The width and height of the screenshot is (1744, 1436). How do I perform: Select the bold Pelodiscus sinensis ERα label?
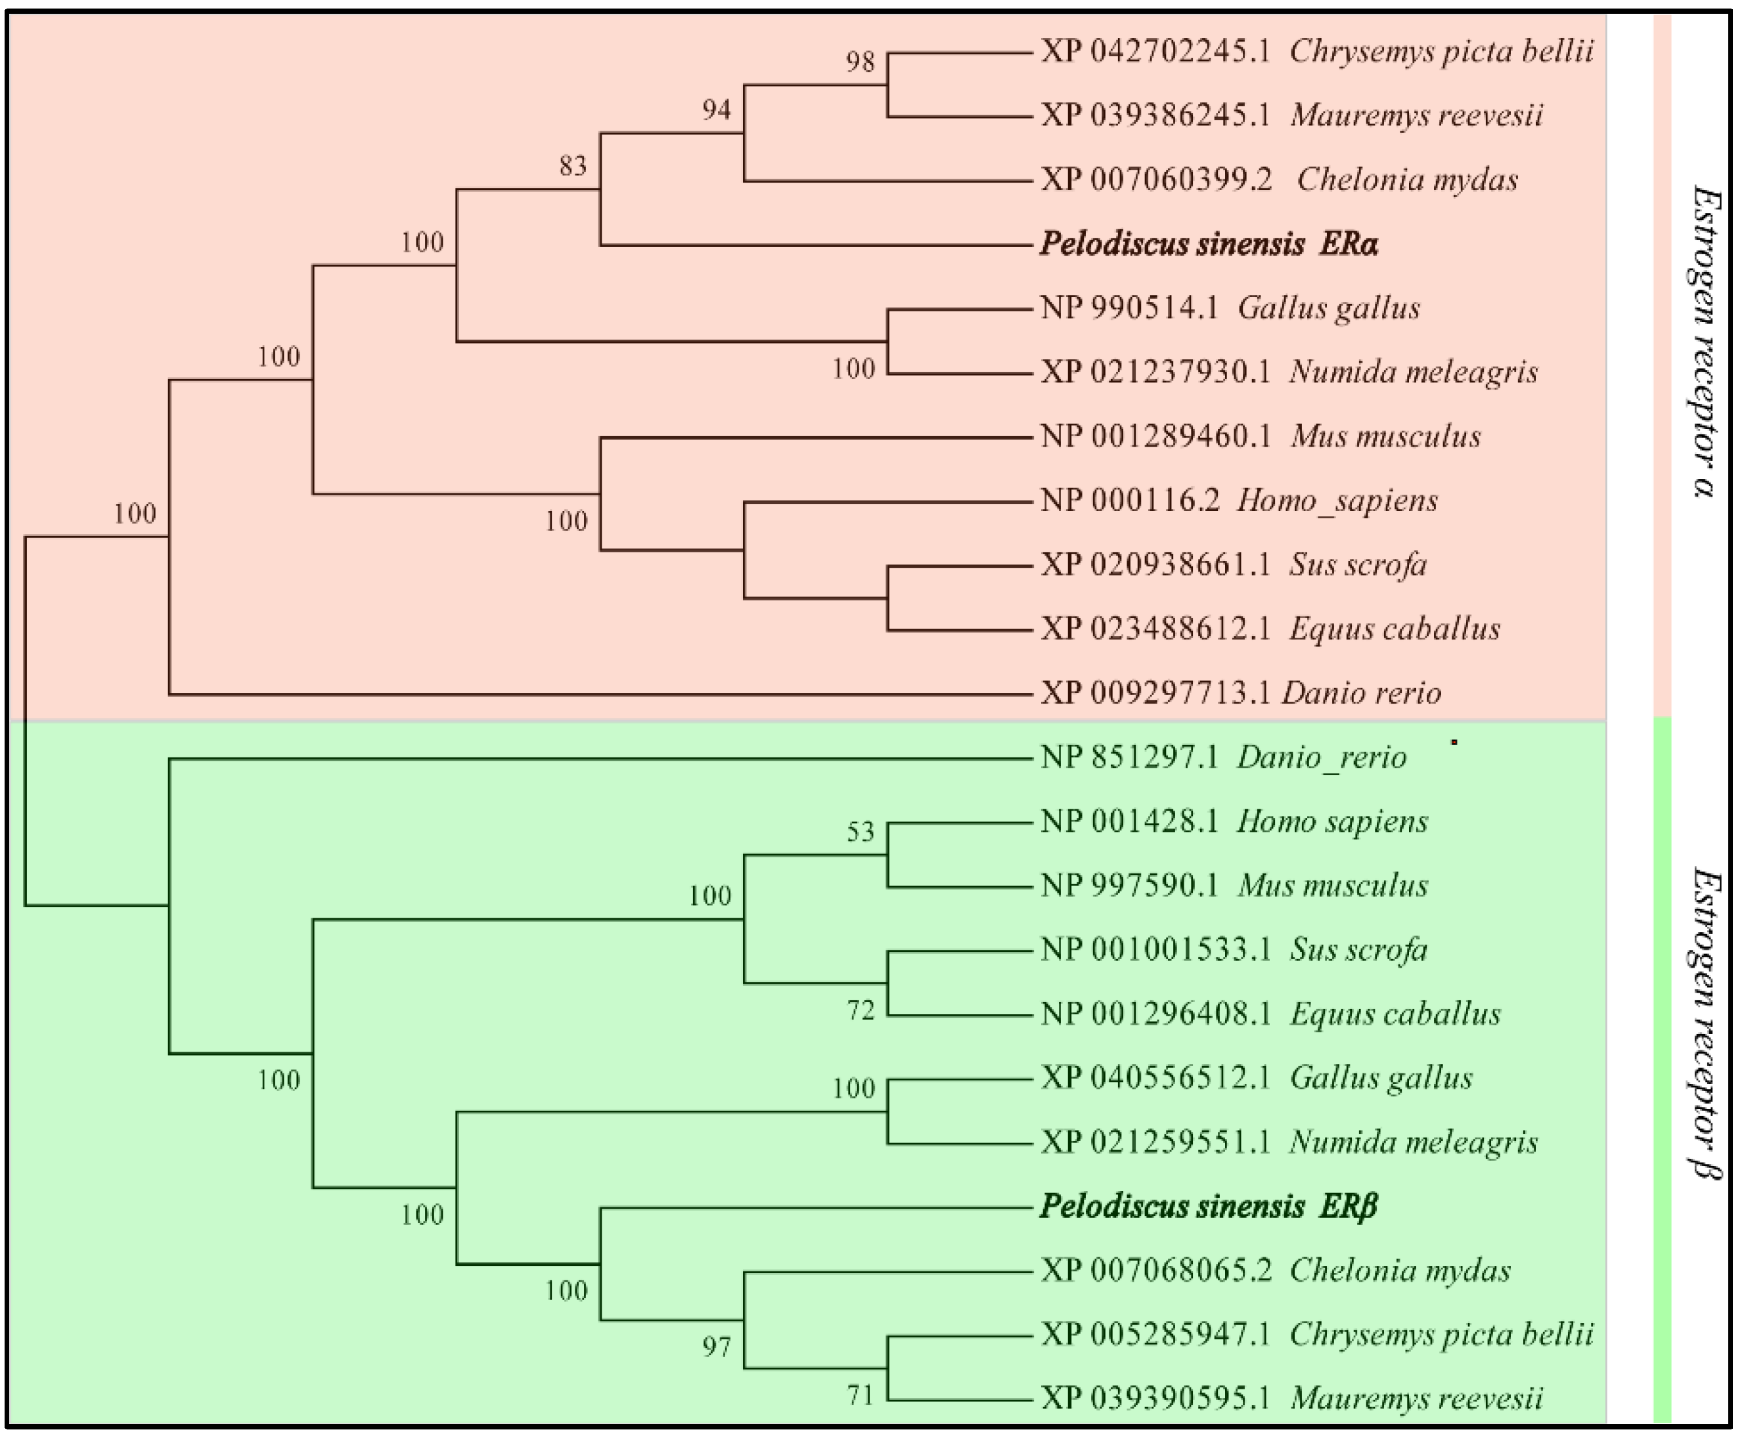1208,244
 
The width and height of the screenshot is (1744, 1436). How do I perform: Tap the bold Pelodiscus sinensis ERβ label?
1208,1207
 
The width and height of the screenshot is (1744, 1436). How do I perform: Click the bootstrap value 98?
860,62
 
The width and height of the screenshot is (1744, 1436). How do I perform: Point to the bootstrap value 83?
573,166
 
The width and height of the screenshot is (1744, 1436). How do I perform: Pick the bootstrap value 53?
860,832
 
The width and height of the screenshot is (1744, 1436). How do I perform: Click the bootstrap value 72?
860,1010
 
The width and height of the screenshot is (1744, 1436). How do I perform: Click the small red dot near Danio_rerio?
1454,742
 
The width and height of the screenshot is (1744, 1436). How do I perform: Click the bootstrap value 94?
716,110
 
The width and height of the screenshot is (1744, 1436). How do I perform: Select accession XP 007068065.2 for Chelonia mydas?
1156,1270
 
